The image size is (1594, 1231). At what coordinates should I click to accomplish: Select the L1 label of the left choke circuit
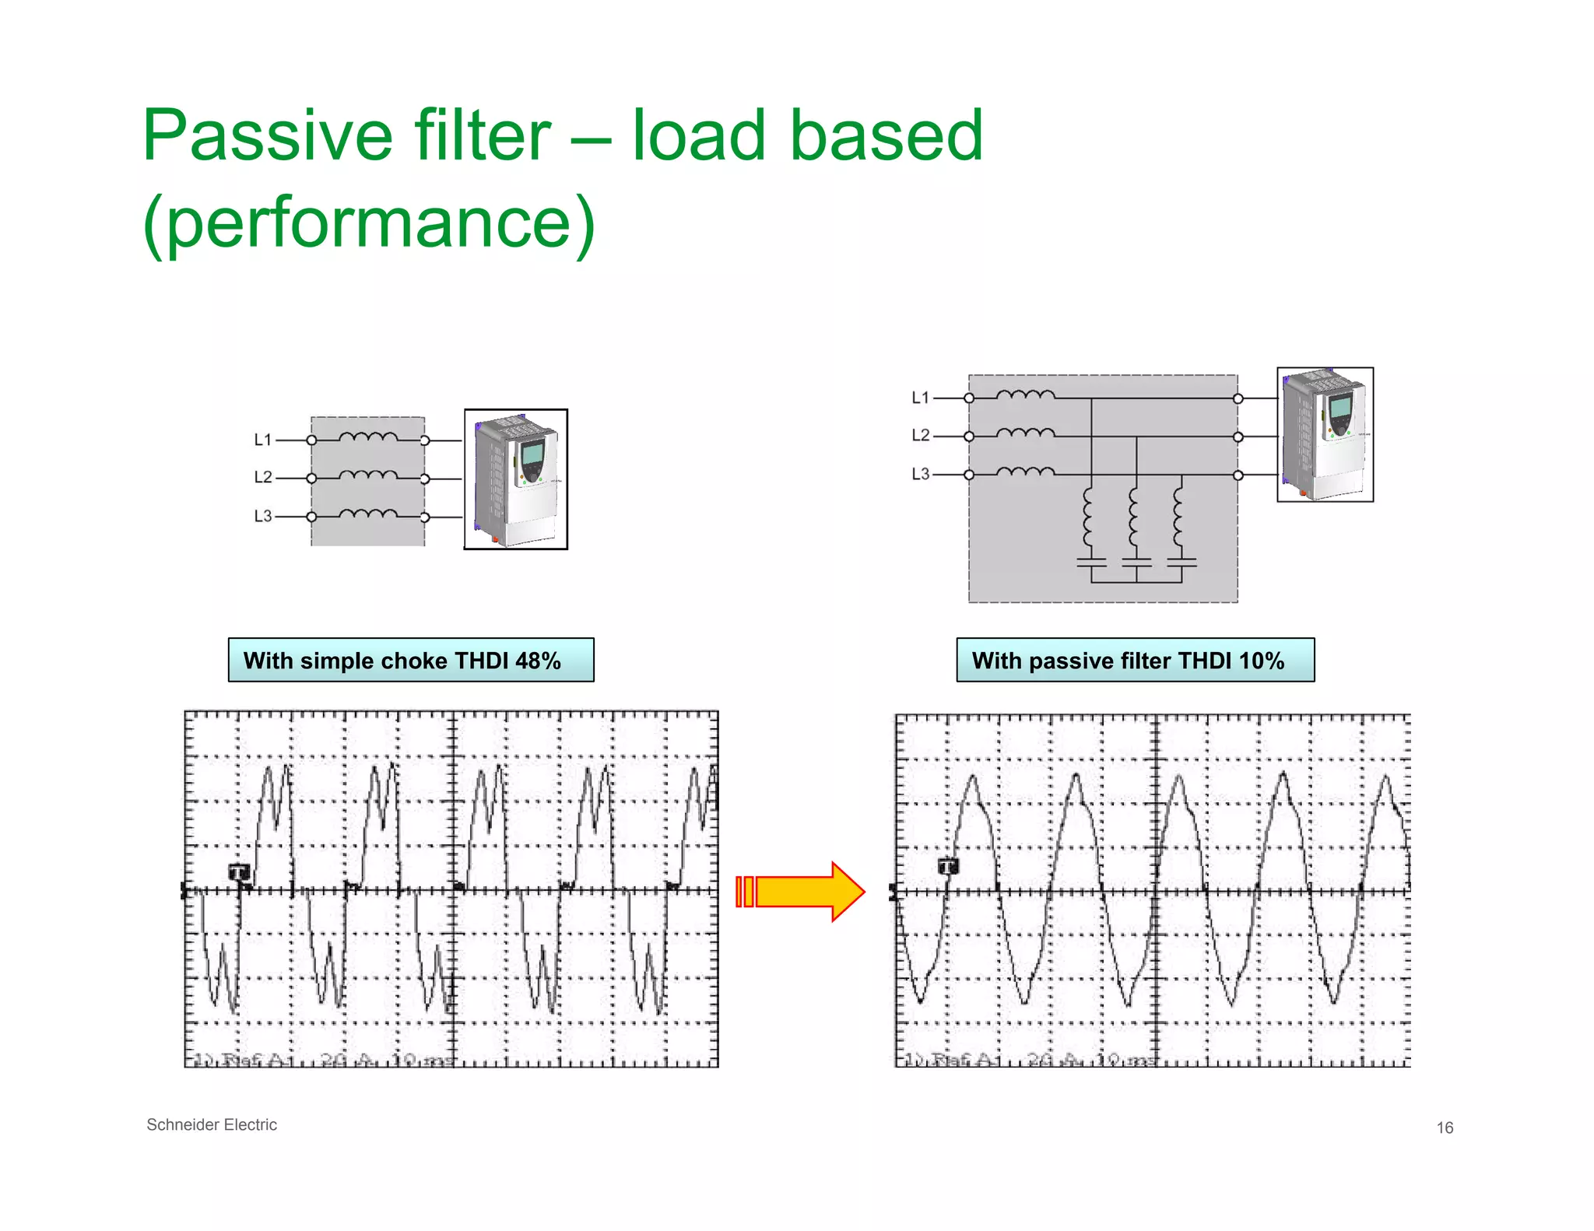click(263, 440)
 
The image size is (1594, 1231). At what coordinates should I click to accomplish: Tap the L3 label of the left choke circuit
click(263, 516)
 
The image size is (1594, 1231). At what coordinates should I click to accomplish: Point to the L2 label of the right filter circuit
click(921, 435)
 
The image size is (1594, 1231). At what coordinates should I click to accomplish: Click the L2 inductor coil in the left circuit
click(368, 475)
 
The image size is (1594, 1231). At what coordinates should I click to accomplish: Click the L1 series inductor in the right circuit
click(1025, 395)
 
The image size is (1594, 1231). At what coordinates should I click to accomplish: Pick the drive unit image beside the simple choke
click(516, 479)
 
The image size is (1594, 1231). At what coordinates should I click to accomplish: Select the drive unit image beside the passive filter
click(1325, 435)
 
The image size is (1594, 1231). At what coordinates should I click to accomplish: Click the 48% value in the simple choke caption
click(538, 661)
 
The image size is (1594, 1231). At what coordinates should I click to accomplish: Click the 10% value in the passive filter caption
click(1262, 661)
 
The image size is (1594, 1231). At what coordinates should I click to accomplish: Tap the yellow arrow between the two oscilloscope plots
click(802, 892)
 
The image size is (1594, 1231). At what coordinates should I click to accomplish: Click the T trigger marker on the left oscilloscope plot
click(240, 872)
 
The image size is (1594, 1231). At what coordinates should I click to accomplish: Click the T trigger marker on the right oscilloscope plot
click(948, 866)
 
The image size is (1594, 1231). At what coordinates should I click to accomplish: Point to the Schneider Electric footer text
click(212, 1124)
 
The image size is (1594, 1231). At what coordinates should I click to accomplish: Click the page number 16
click(1445, 1128)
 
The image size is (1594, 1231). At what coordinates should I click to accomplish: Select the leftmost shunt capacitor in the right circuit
click(1091, 562)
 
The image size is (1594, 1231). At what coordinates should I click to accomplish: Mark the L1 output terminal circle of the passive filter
click(1238, 398)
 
